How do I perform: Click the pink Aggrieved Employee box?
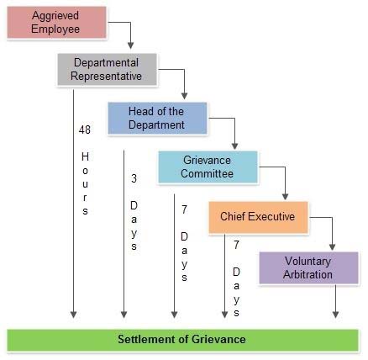point(56,22)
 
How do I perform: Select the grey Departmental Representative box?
point(108,69)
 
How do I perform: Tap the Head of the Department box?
point(158,118)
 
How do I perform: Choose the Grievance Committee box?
point(208,167)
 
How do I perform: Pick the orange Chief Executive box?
point(258,217)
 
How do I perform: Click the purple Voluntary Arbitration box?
point(308,267)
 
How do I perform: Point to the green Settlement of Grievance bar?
point(182,340)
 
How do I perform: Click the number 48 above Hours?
point(85,130)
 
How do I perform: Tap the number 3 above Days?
point(134,178)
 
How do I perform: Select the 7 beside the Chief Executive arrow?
point(237,245)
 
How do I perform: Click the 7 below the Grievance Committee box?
point(184,209)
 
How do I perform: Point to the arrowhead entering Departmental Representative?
point(130,45)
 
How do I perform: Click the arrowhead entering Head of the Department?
point(184,96)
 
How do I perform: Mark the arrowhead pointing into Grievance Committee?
point(234,146)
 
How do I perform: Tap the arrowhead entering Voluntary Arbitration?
point(332,246)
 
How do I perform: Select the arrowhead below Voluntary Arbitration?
point(335,315)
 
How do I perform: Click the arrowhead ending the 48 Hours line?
point(73,315)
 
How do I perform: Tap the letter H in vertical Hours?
point(85,156)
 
